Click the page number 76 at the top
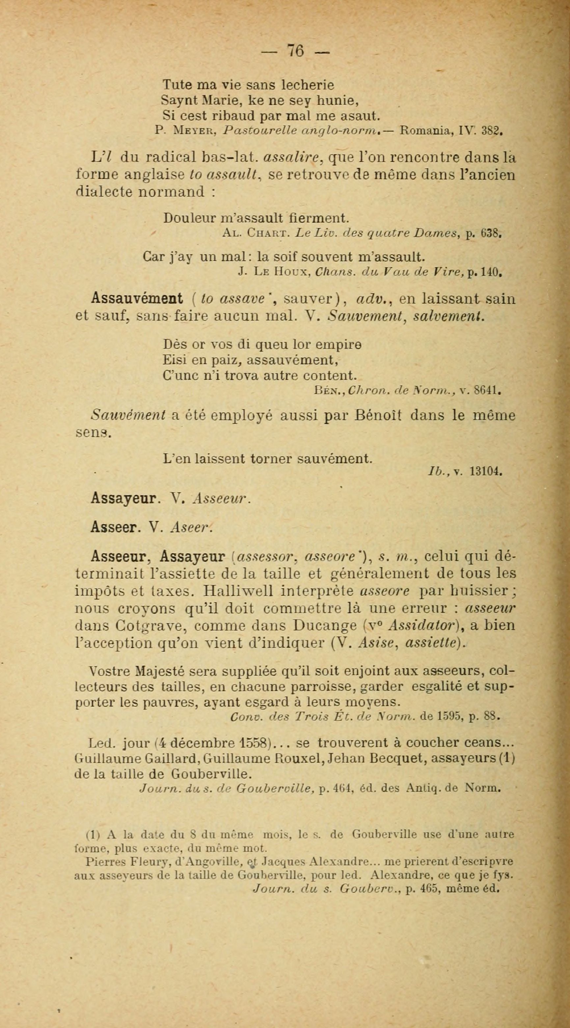(x=295, y=51)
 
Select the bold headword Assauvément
(x=137, y=298)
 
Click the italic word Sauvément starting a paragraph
(x=128, y=415)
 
